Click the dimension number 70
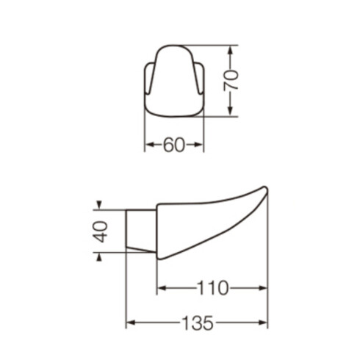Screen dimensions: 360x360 (231, 80)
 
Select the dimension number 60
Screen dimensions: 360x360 (173, 145)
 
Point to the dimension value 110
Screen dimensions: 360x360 (212, 287)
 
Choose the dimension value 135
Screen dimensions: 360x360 (197, 323)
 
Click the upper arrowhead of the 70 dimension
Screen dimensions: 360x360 (231, 49)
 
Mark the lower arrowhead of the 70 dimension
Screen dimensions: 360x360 (231, 112)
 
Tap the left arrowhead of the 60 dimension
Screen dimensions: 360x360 (148, 145)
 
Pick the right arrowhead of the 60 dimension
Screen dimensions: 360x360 (200, 145)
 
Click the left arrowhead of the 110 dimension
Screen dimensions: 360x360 (161, 287)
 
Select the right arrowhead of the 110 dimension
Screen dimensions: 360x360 (264, 287)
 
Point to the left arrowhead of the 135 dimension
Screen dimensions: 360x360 (130, 323)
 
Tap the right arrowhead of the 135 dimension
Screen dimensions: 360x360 (264, 323)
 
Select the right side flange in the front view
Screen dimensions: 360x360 (198, 78)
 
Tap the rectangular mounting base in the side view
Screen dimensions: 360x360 (141, 230)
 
